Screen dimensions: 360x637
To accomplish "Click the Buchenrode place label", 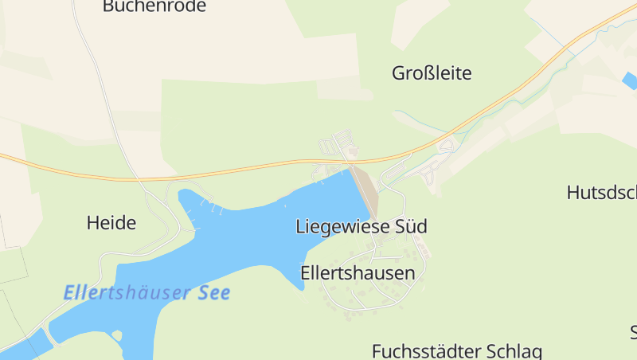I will (x=154, y=6).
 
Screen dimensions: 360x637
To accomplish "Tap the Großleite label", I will (x=432, y=74).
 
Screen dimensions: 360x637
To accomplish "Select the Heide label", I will (x=111, y=223).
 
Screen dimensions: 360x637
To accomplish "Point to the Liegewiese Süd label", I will (x=361, y=226).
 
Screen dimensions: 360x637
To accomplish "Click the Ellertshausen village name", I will (x=358, y=273).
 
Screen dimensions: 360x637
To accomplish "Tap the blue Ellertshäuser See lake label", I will (x=147, y=292).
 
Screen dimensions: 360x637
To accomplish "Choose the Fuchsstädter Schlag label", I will (x=456, y=350).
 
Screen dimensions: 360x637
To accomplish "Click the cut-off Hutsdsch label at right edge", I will (x=601, y=192).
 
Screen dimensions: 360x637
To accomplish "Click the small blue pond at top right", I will (x=630, y=80).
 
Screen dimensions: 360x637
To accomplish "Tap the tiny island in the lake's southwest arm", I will (x=118, y=335).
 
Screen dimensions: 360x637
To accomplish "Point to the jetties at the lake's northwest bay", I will (x=213, y=209).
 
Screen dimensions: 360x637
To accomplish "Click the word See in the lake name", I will (x=213, y=292).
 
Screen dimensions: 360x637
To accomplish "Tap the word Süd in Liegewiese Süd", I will (x=410, y=226).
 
